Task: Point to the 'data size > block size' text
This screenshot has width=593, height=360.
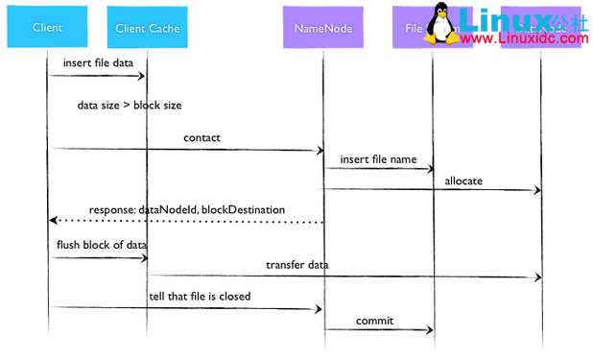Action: pos(130,105)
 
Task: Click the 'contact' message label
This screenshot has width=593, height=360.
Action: pos(202,137)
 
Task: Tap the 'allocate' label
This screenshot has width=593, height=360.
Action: pos(463,180)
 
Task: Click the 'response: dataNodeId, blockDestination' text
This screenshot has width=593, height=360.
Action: pos(186,209)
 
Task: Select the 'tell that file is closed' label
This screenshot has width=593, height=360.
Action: pos(200,296)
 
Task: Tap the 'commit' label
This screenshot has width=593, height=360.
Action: pos(374,320)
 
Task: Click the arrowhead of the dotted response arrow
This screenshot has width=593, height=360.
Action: pos(53,221)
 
